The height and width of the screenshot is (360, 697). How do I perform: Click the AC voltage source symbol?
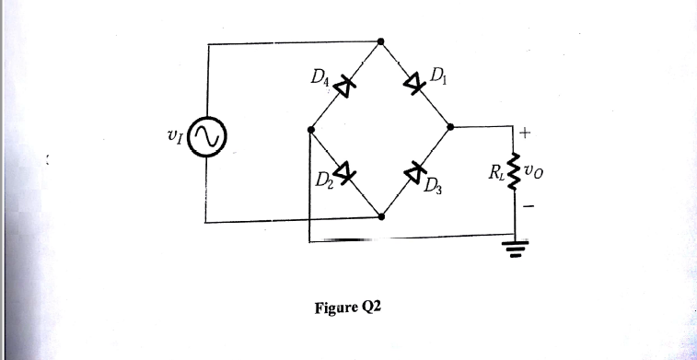pyautogui.click(x=209, y=136)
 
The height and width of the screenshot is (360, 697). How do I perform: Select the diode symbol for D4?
pyautogui.click(x=344, y=87)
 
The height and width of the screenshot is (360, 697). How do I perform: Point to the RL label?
pyautogui.click(x=497, y=173)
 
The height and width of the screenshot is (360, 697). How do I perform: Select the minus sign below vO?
pyautogui.click(x=528, y=208)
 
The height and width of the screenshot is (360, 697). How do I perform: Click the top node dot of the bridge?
pyautogui.click(x=381, y=41)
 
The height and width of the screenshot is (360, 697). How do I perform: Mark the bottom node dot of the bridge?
pyautogui.click(x=381, y=217)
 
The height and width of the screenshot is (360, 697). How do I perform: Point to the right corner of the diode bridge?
pyautogui.click(x=450, y=127)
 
